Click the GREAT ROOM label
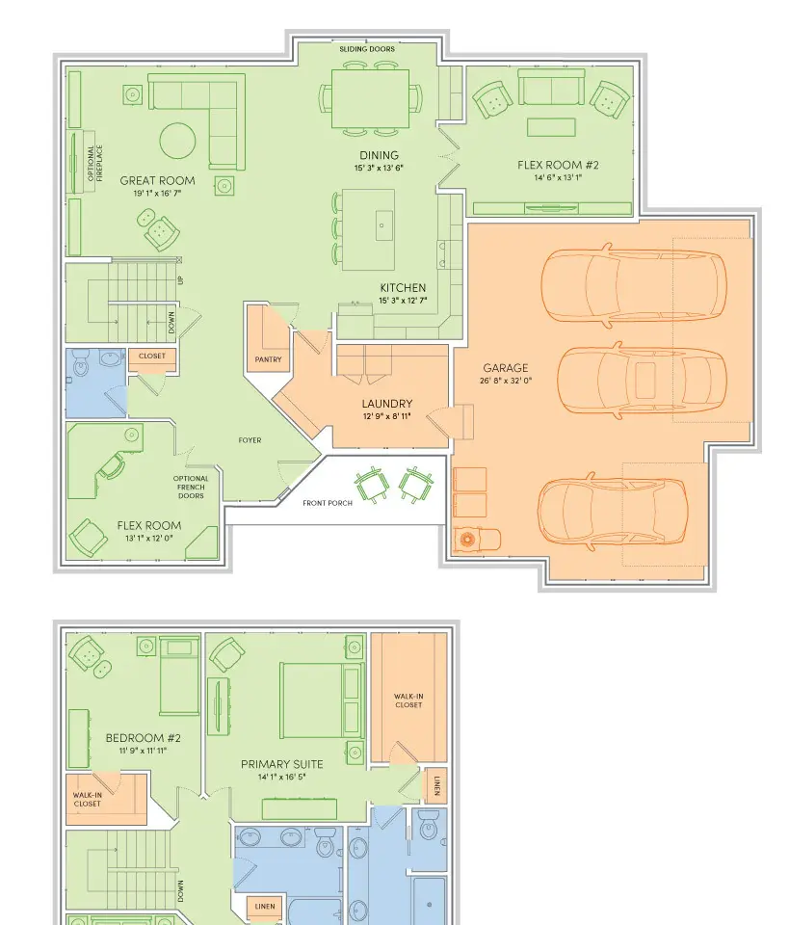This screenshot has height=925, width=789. pyautogui.click(x=157, y=180)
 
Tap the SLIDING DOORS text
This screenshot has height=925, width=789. pyautogui.click(x=367, y=49)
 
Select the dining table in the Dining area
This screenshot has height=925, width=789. pyautogui.click(x=370, y=98)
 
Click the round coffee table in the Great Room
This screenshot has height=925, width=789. pyautogui.click(x=177, y=141)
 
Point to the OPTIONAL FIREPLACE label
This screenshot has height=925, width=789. pyautogui.click(x=95, y=164)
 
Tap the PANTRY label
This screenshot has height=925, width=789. pyautogui.click(x=269, y=359)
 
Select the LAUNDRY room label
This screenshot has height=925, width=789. pyautogui.click(x=387, y=404)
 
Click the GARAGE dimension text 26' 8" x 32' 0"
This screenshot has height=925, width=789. pyautogui.click(x=506, y=381)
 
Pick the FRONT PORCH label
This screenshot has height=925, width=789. pyautogui.click(x=328, y=503)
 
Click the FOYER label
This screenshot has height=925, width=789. pyautogui.click(x=250, y=440)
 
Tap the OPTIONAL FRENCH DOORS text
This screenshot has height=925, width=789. pyautogui.click(x=191, y=488)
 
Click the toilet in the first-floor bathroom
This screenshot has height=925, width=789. pyautogui.click(x=81, y=364)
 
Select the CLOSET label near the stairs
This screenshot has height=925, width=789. pyautogui.click(x=152, y=356)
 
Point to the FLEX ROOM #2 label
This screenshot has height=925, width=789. pyautogui.click(x=558, y=165)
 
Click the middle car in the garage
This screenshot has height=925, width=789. pyautogui.click(x=642, y=381)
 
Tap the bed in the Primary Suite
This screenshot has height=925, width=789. pyautogui.click(x=322, y=700)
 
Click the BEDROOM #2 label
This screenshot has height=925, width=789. pyautogui.click(x=144, y=738)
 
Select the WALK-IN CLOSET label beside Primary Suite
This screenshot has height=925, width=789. pyautogui.click(x=408, y=700)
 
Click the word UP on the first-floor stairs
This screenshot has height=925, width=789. pyautogui.click(x=180, y=279)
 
